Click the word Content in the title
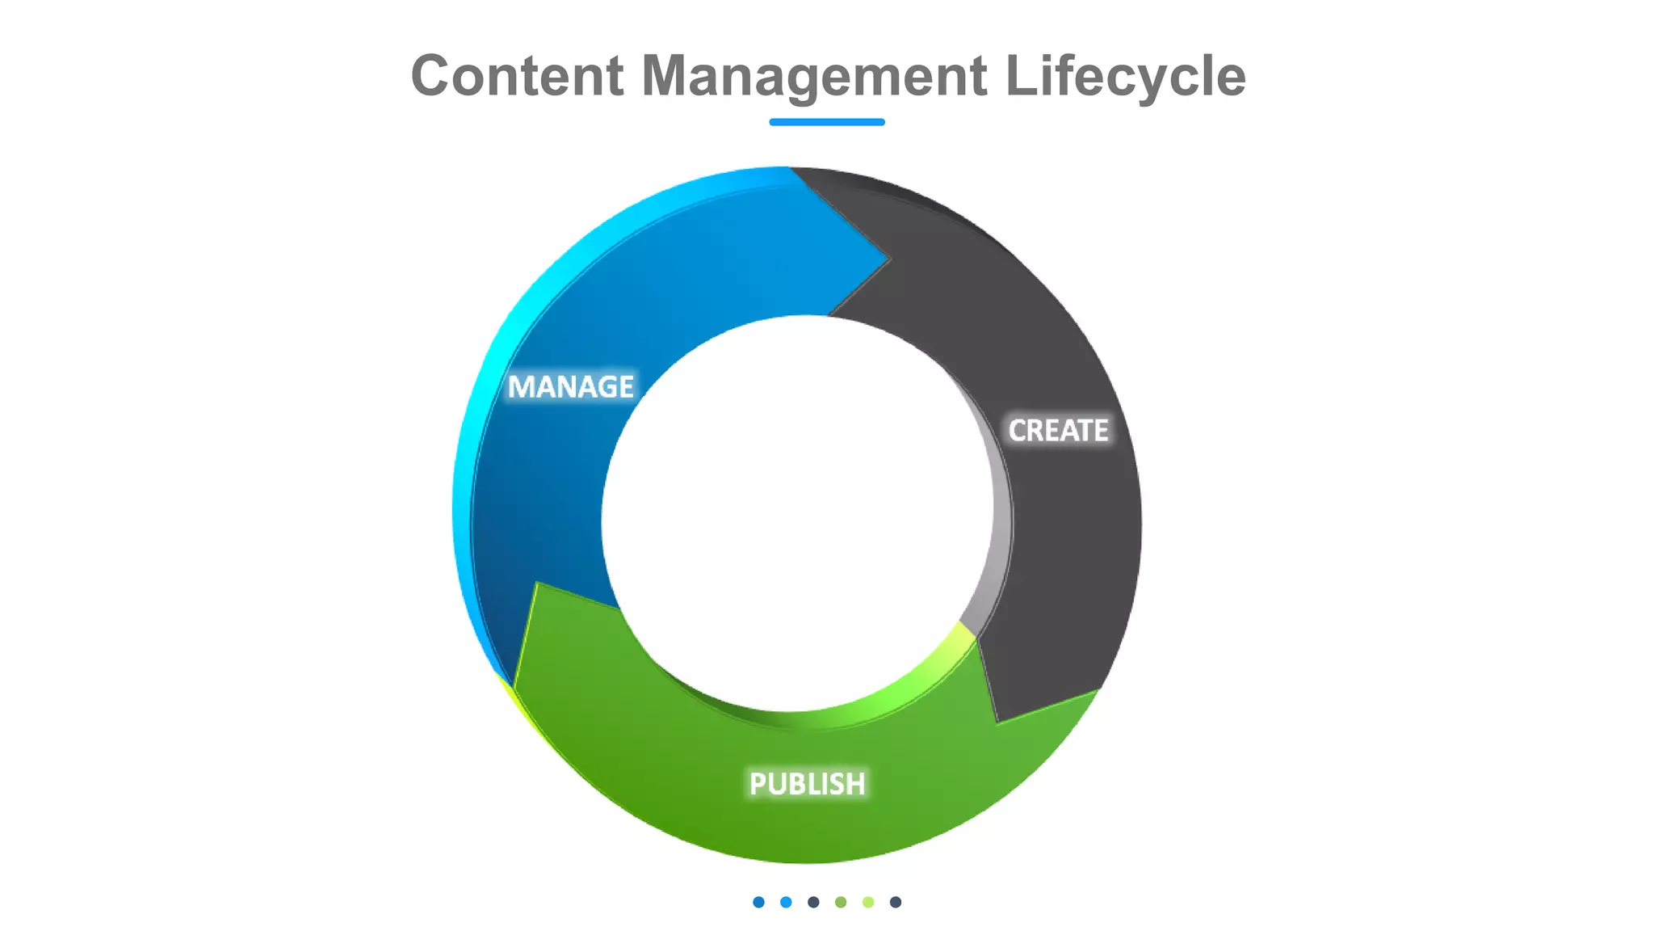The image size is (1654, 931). [x=517, y=76]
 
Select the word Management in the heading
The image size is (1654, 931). [x=813, y=76]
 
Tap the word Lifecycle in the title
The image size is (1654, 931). [x=1125, y=76]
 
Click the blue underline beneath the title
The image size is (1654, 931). [x=826, y=122]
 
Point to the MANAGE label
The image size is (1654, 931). [x=570, y=387]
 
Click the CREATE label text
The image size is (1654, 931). [x=1058, y=431]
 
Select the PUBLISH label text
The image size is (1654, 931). [x=807, y=784]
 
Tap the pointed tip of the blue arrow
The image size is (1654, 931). [x=888, y=260]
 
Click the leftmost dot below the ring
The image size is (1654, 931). [x=758, y=902]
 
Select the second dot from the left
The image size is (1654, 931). [x=786, y=902]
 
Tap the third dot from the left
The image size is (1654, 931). [x=813, y=902]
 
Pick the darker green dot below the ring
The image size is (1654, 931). [x=841, y=902]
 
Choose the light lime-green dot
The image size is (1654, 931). [x=868, y=902]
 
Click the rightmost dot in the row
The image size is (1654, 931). [x=896, y=902]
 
